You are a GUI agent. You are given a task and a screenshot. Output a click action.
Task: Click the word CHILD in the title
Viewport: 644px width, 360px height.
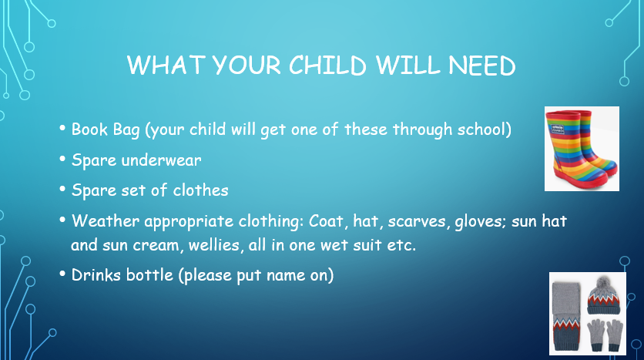point(327,66)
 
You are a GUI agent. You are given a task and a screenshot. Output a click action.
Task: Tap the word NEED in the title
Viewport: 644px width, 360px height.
point(481,66)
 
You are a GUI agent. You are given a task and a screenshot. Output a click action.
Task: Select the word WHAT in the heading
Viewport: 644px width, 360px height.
point(166,65)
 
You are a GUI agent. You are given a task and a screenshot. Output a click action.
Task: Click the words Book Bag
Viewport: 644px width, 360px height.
point(106,130)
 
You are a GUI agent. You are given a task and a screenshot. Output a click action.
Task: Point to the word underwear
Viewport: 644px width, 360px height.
point(162,160)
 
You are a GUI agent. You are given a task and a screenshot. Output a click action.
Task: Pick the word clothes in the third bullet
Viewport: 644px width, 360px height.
point(200,190)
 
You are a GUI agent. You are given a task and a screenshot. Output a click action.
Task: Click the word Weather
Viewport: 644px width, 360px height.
point(106,220)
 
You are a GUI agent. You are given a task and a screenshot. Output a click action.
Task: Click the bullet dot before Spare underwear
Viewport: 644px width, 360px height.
point(62,159)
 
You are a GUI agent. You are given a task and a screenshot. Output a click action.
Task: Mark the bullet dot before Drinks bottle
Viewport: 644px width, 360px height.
point(62,274)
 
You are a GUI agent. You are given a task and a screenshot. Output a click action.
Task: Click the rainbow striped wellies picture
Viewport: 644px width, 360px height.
point(582,149)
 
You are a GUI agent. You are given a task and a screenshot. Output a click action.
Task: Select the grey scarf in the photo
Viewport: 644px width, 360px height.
point(566,316)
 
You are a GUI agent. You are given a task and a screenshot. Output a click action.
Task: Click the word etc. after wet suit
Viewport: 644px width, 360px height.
point(401,245)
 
